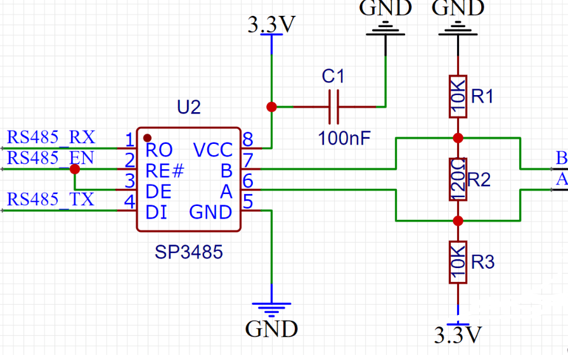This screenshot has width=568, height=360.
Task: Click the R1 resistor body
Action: pos(458,97)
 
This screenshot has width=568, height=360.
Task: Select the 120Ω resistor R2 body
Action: pos(458,179)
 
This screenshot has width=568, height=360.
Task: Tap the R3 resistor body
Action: pos(458,262)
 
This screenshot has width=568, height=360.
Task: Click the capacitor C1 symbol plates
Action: pos(334,106)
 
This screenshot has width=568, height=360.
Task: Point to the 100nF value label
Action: pos(344,138)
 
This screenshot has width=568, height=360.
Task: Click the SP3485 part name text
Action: pos(189,252)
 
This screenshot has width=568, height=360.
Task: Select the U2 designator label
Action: pos(189,107)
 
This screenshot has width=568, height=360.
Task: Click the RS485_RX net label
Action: pos(51,137)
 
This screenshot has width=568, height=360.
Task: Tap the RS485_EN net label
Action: pos(51,158)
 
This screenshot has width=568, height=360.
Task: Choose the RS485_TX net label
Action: pos(51,200)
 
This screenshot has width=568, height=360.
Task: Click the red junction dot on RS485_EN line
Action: pos(75,169)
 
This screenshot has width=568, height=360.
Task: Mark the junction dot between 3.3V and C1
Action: pos(272,106)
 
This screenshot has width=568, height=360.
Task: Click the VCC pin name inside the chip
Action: pos(213,150)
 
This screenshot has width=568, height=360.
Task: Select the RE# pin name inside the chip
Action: pos(164,170)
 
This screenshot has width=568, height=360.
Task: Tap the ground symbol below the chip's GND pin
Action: pos(271,309)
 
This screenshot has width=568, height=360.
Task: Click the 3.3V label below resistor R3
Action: pos(458,335)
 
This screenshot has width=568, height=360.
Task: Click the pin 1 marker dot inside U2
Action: pos(147,136)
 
